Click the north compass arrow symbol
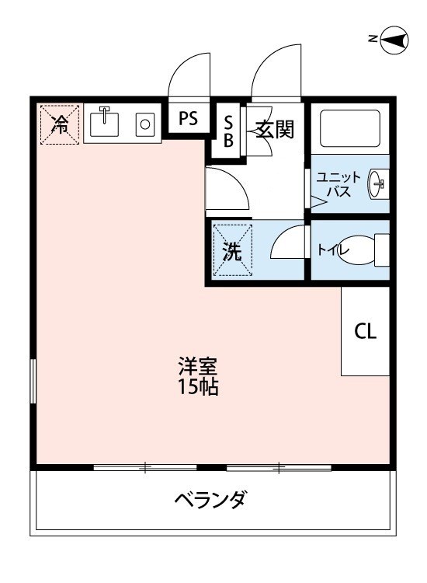point(394,40)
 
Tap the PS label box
point(189,119)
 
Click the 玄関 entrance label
point(275,129)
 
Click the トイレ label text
point(332,250)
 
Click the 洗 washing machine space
point(233,250)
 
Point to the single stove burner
point(144,123)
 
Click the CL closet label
point(366,331)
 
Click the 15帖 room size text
point(197,386)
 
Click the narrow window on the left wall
point(33,381)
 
